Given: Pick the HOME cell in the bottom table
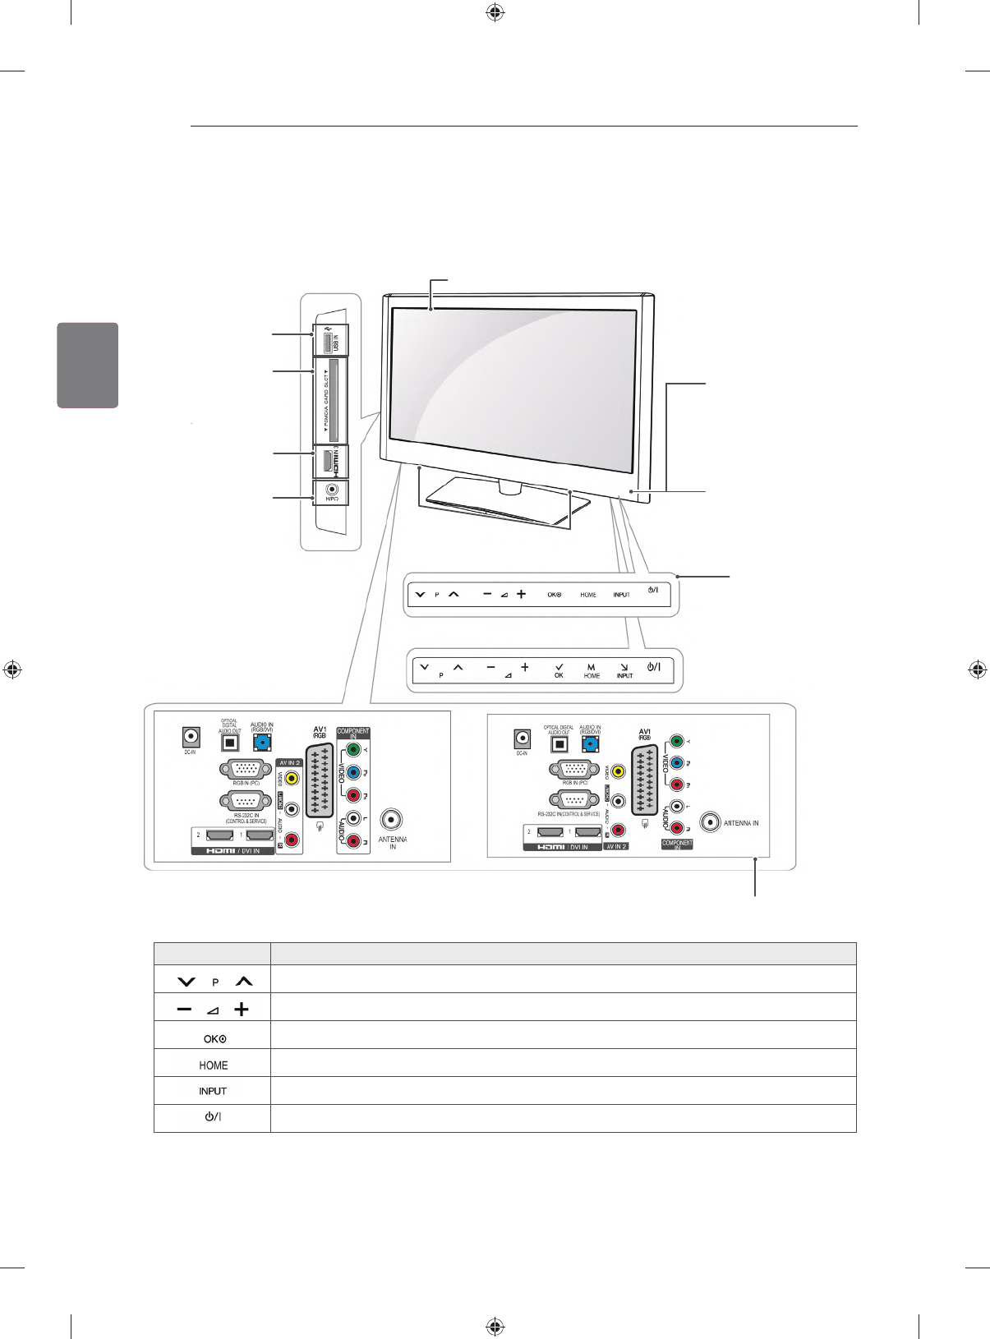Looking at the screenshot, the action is click(213, 1065).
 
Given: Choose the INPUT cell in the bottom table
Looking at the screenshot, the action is click(213, 1092).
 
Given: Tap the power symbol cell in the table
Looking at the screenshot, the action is click(213, 1118).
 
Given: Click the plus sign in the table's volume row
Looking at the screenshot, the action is click(241, 1010).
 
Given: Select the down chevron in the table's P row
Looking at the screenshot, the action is click(186, 982).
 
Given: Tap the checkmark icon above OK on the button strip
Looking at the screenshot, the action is click(559, 667).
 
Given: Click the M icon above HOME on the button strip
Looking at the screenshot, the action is click(591, 667).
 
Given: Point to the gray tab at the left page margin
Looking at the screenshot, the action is click(88, 365).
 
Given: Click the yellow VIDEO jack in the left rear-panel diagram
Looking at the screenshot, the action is click(291, 776).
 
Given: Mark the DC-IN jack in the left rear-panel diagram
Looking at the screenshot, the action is click(191, 736).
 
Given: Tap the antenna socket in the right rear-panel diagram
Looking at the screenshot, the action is click(710, 821).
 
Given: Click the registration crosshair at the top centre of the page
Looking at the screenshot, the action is click(495, 12).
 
